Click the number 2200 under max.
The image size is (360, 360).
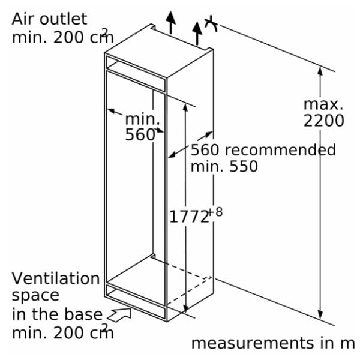(x=324, y=121)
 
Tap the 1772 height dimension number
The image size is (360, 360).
(x=189, y=217)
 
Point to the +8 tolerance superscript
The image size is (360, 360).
(x=215, y=212)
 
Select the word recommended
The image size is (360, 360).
(x=280, y=149)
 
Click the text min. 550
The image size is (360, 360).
(x=224, y=166)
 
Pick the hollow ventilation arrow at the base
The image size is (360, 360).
(x=119, y=314)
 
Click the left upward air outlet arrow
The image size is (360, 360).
(x=170, y=22)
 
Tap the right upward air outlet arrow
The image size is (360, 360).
(x=197, y=33)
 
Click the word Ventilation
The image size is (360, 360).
(x=56, y=278)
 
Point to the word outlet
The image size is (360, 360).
(x=64, y=19)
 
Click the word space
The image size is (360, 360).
(x=35, y=296)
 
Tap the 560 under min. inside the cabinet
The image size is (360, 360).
(x=140, y=134)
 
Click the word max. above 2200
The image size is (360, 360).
(x=323, y=104)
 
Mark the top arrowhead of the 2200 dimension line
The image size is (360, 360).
(x=320, y=71)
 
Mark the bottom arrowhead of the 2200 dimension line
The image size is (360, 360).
(x=320, y=314)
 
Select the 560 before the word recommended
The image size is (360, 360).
(x=205, y=149)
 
